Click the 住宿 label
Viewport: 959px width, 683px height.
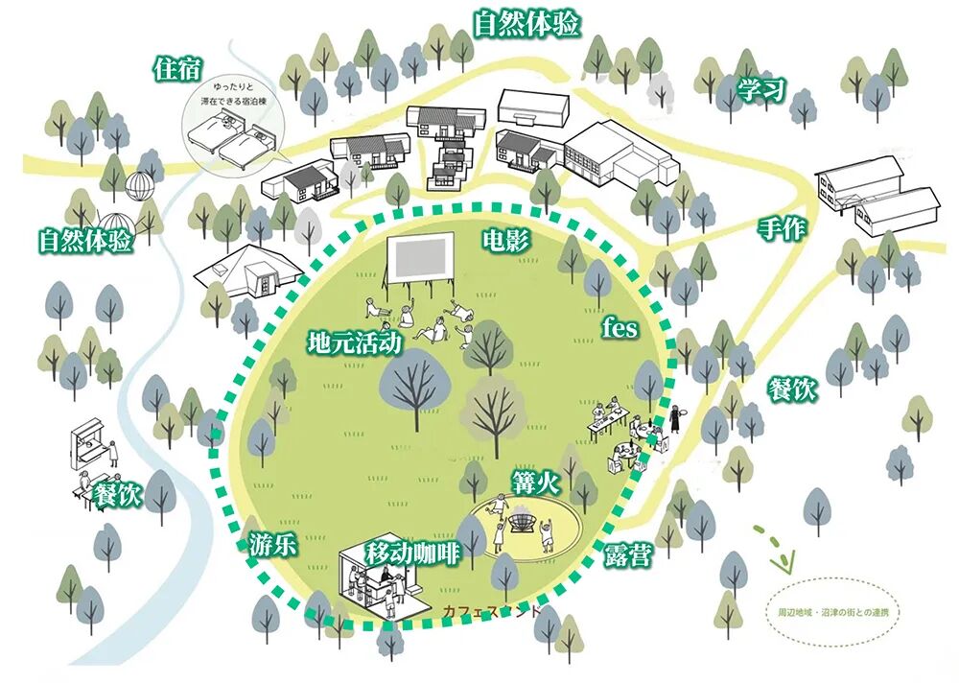coord(177,69)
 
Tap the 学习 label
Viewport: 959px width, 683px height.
coord(761,92)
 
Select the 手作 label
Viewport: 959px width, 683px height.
coord(782,228)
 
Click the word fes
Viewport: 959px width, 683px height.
coord(620,326)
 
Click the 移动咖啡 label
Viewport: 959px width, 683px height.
coord(413,553)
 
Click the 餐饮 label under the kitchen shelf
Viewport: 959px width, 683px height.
coord(118,495)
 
